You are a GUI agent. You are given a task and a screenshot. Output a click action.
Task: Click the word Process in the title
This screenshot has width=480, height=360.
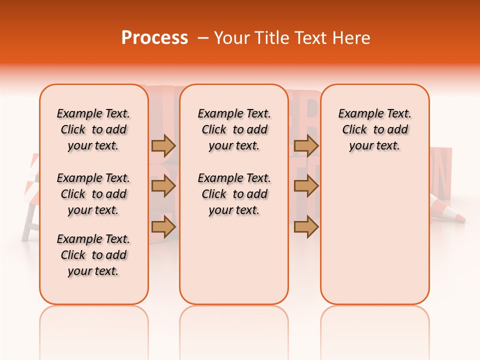click(x=154, y=38)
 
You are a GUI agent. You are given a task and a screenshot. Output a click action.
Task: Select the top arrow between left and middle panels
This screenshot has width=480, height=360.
click(x=163, y=145)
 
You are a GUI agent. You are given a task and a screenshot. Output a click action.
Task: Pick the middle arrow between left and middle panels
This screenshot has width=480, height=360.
click(x=163, y=186)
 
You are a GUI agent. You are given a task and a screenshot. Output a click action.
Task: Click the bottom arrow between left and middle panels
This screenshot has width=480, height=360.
click(x=163, y=226)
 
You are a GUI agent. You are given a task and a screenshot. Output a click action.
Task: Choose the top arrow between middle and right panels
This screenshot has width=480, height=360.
click(x=306, y=145)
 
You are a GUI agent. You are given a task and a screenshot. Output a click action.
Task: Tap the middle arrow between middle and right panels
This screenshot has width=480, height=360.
click(x=306, y=186)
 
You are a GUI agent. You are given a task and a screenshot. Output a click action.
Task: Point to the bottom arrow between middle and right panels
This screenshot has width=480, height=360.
click(x=306, y=226)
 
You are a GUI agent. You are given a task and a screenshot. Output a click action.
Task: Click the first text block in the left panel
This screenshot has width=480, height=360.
click(x=93, y=129)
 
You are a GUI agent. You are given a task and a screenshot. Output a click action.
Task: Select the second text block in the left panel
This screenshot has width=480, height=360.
click(x=93, y=194)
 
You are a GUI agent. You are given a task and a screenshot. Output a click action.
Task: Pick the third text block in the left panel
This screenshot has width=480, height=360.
click(x=93, y=255)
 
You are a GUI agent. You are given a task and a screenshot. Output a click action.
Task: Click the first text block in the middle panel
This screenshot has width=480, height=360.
click(x=234, y=129)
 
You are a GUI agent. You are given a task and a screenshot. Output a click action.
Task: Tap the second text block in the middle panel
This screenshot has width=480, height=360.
click(x=234, y=194)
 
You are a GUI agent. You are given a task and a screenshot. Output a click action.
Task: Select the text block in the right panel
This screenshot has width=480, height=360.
click(x=374, y=129)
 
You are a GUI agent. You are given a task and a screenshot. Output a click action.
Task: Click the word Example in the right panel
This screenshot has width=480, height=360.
click(x=356, y=114)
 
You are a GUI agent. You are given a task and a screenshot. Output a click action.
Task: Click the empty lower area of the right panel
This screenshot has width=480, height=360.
click(x=374, y=240)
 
